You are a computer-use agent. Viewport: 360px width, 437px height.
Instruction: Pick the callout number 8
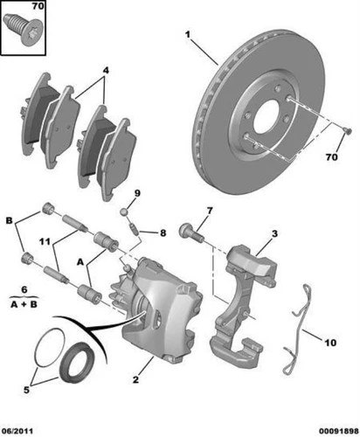click(x=162, y=232)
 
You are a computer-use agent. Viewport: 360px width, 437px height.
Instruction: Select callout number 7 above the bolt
click(x=210, y=212)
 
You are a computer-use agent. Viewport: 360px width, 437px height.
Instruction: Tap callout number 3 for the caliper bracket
click(x=274, y=233)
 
